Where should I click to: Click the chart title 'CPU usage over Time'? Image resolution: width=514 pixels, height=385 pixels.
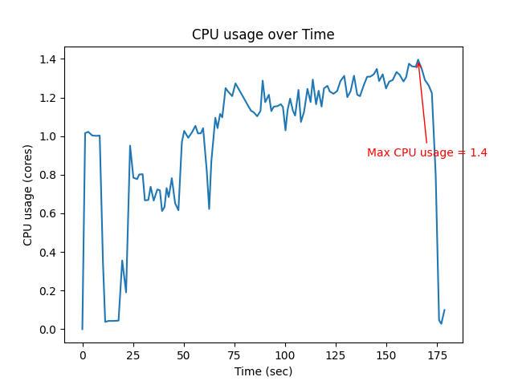[263, 34]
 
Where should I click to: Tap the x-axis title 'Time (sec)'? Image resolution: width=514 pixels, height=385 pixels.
[263, 371]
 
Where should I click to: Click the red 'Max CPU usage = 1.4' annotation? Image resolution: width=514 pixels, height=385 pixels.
[426, 152]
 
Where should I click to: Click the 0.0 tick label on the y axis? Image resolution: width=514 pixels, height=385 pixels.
[47, 330]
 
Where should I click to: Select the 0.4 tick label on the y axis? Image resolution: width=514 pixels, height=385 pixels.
[47, 253]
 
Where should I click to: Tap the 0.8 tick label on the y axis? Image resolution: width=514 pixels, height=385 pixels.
[47, 175]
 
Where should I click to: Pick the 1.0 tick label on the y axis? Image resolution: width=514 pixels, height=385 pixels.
[47, 136]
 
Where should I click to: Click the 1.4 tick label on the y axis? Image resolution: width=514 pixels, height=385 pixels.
[47, 59]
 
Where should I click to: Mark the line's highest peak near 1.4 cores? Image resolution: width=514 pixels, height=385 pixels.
[418, 59]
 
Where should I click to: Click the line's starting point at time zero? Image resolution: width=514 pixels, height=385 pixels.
[82, 329]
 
